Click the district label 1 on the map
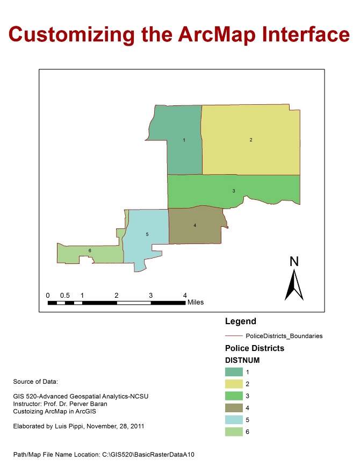click(x=184, y=140)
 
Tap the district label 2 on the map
click(x=251, y=140)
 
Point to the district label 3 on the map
click(x=234, y=191)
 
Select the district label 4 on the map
click(x=195, y=226)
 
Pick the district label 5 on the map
click(x=147, y=234)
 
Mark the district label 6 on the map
click(x=90, y=250)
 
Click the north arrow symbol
click(x=294, y=285)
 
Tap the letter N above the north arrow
click(x=294, y=262)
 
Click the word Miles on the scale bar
click(x=196, y=302)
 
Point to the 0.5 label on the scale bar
click(x=65, y=296)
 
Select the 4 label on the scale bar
click(x=185, y=296)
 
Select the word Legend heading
click(x=240, y=322)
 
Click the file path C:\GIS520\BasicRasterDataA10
click(x=148, y=454)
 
